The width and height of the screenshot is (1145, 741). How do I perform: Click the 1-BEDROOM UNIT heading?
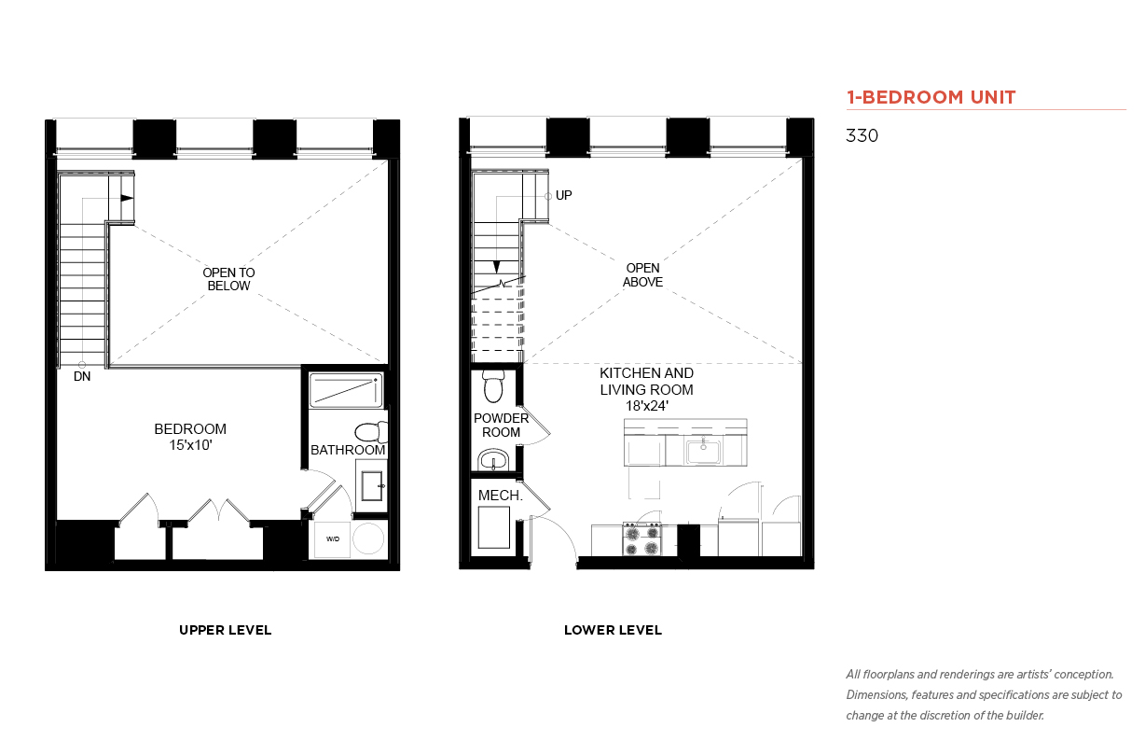coord(931,97)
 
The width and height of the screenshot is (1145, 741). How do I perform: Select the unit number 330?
coord(862,135)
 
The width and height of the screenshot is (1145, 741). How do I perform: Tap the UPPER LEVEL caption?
coord(225,630)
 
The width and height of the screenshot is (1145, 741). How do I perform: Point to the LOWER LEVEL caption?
coord(613,630)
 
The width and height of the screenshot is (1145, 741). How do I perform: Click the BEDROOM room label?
coord(190,429)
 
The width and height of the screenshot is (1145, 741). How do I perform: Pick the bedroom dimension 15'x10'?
coord(190,445)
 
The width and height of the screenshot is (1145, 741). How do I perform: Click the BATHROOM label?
coord(348,450)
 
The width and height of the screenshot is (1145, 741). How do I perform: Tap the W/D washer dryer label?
coord(333,538)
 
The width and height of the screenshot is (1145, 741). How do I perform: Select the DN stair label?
coord(82,377)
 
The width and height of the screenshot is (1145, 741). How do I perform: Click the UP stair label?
coord(563,195)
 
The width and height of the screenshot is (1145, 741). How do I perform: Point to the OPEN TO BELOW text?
coord(228,279)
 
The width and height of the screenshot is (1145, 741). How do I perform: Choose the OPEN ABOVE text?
coord(642,274)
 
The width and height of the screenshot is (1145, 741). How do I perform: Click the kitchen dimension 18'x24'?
coord(646,406)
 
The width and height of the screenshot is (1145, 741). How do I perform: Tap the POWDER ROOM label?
coord(501,426)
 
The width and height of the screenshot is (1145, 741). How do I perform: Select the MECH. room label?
coord(501,496)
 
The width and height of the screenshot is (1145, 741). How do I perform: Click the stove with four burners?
coord(641,538)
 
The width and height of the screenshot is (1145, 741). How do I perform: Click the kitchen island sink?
coord(703,452)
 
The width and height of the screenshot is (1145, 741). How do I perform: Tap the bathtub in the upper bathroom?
coord(346,390)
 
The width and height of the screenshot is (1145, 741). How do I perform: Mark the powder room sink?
coord(493,459)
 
